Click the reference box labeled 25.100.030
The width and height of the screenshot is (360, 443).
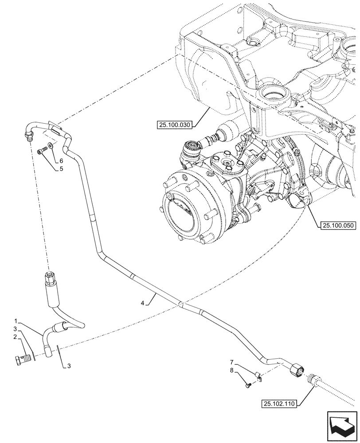[173, 125]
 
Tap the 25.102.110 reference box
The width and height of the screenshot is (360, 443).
[280, 403]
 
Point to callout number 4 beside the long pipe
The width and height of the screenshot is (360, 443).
[142, 303]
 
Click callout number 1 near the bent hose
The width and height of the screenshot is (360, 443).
[16, 320]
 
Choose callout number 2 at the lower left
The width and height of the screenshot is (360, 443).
[16, 337]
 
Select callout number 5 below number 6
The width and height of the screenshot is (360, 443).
[62, 168]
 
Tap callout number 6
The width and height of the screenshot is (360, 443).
[62, 160]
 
